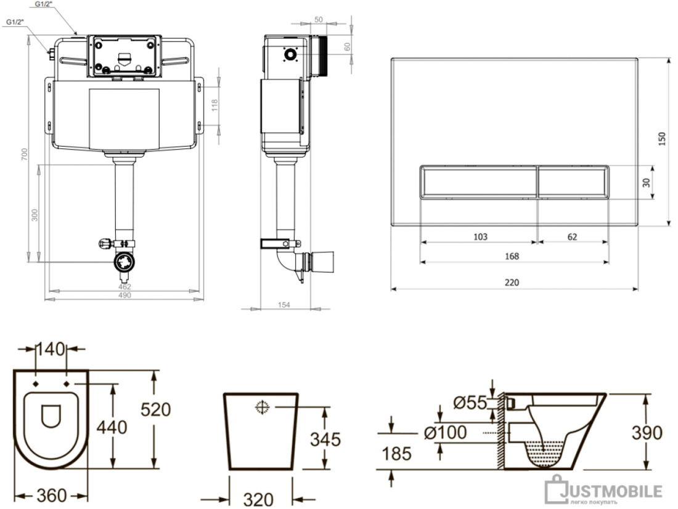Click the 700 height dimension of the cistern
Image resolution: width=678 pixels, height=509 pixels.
(25, 154)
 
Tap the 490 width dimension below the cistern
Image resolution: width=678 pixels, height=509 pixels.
(125, 295)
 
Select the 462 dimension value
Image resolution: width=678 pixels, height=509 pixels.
(125, 287)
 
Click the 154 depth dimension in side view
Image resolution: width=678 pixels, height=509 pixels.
(284, 305)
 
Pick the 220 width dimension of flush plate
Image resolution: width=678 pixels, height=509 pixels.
(512, 283)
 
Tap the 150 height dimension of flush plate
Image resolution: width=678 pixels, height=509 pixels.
(661, 139)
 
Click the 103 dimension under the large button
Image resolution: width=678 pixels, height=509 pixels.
(480, 236)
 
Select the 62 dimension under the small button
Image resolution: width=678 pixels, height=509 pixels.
(572, 236)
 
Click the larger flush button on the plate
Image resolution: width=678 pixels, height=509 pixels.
(479, 182)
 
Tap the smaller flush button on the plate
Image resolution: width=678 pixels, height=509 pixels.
(573, 182)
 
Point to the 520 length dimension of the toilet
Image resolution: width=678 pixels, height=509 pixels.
(156, 409)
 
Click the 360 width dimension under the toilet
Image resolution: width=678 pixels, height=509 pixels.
(51, 495)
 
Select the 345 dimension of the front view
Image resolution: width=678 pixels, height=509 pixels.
(325, 439)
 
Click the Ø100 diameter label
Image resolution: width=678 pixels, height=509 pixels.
(446, 432)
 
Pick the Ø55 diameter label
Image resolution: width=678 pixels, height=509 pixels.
(470, 403)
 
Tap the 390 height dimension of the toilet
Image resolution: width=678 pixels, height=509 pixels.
(647, 433)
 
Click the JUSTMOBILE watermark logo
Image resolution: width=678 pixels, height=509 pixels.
(603, 491)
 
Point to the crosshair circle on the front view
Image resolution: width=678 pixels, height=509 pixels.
(262, 407)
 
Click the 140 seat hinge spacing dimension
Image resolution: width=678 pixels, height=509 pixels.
(51, 349)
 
